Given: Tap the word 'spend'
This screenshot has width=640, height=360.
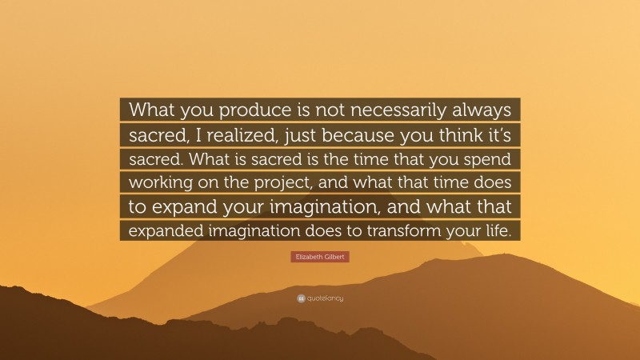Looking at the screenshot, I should [493, 158].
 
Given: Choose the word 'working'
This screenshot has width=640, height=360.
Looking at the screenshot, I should [162, 182].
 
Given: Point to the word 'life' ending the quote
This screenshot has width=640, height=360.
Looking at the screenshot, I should [503, 230].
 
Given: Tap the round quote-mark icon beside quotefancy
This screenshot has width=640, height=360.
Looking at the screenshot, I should [301, 298].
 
